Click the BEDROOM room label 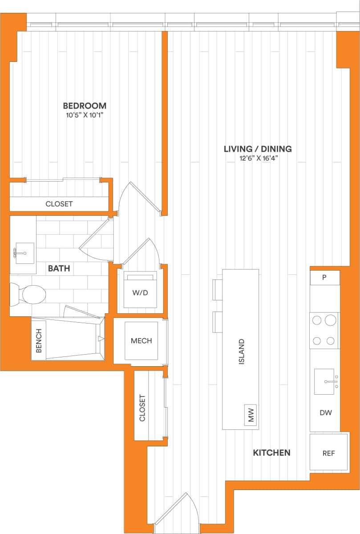coord(85,106)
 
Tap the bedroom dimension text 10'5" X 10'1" coord(85,115)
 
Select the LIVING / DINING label coord(258,149)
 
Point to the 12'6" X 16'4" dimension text coord(258,158)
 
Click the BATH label coord(59,269)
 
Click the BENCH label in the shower coord(39,340)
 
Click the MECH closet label coord(141,341)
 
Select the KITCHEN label coord(271,453)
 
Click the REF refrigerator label coord(328,453)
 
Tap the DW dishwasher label coord(326,413)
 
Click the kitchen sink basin coord(325,381)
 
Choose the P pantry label coord(324,277)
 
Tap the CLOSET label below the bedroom coord(59,204)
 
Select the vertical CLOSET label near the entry coord(142,408)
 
